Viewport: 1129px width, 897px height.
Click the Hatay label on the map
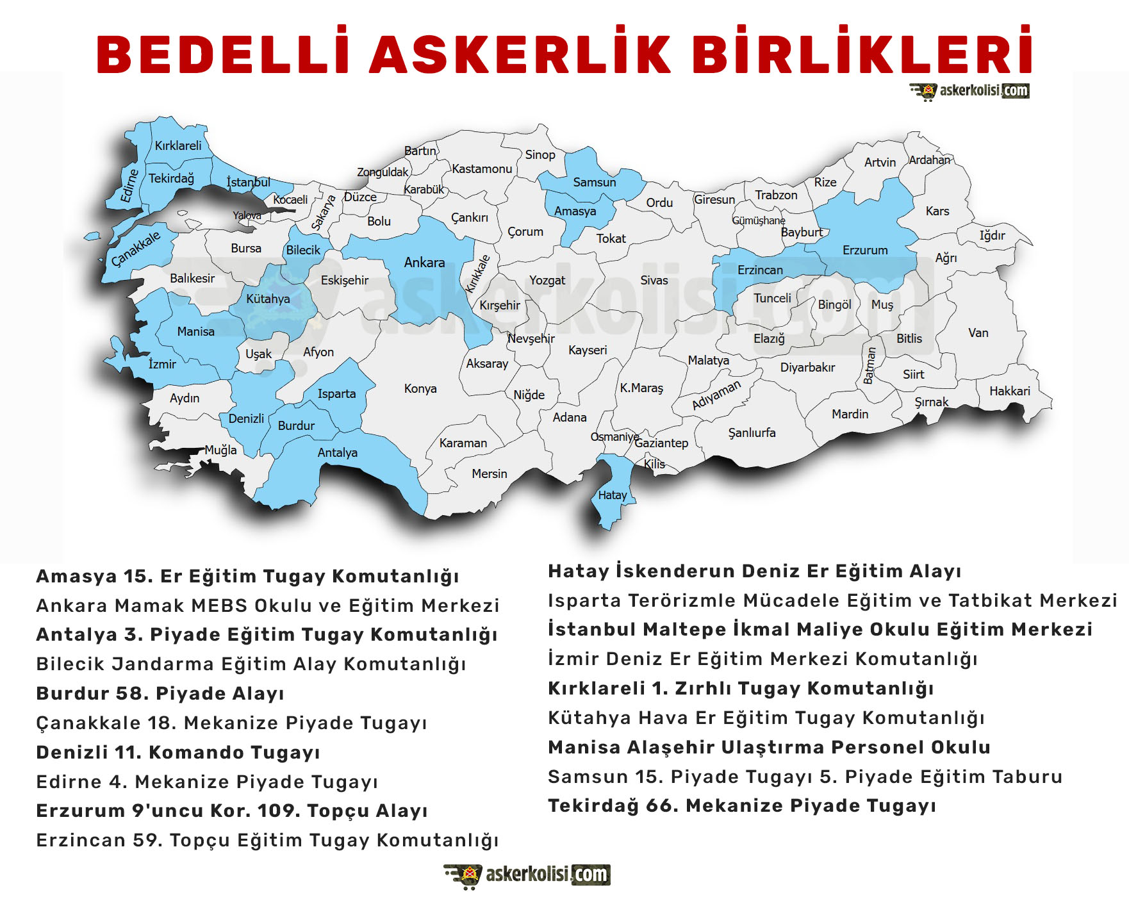pyautogui.click(x=612, y=495)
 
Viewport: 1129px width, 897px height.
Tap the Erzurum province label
pyautogui.click(x=865, y=250)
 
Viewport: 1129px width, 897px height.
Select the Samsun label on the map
pyautogui.click(x=594, y=182)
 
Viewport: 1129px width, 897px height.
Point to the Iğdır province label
pyautogui.click(x=992, y=236)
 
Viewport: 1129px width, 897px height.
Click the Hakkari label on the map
pyautogui.click(x=1009, y=391)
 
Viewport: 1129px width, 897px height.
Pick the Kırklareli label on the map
pyautogui.click(x=178, y=145)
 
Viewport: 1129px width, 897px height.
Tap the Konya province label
pyautogui.click(x=420, y=388)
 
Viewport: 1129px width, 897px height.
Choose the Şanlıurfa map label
pyautogui.click(x=752, y=432)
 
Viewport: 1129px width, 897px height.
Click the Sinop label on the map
pyautogui.click(x=540, y=154)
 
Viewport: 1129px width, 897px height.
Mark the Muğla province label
pyautogui.click(x=220, y=450)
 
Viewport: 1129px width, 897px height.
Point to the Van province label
pyautogui.click(x=978, y=333)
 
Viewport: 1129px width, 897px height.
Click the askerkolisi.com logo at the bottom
pyautogui.click(x=527, y=875)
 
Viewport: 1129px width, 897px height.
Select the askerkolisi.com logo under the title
pyautogui.click(x=969, y=92)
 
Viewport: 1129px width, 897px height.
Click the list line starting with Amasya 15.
pyautogui.click(x=247, y=576)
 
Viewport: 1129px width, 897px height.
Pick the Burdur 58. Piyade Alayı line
pyautogui.click(x=160, y=693)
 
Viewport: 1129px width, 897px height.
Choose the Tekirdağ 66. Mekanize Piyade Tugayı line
pyautogui.click(x=742, y=805)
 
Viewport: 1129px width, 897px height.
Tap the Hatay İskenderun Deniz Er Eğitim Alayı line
pyautogui.click(x=754, y=571)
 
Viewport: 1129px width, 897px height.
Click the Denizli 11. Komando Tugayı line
pyautogui.click(x=178, y=752)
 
